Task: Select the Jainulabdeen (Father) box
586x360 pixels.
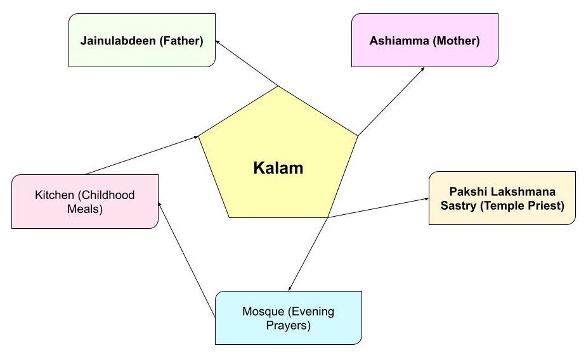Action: pyautogui.click(x=141, y=42)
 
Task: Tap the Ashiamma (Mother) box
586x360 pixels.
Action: pyautogui.click(x=424, y=42)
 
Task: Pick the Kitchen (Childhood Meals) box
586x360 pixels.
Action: pyautogui.click(x=84, y=201)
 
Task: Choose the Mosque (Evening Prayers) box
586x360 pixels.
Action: pyautogui.click(x=289, y=318)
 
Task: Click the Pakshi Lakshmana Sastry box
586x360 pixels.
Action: pyautogui.click(x=502, y=198)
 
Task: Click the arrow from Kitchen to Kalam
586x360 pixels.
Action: pyautogui.click(x=142, y=155)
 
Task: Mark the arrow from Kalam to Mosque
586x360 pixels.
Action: pyautogui.click(x=308, y=254)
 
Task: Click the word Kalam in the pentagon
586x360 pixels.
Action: pyautogui.click(x=278, y=169)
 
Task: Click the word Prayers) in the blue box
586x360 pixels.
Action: pyautogui.click(x=289, y=326)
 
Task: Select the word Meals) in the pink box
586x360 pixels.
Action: pyautogui.click(x=85, y=208)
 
